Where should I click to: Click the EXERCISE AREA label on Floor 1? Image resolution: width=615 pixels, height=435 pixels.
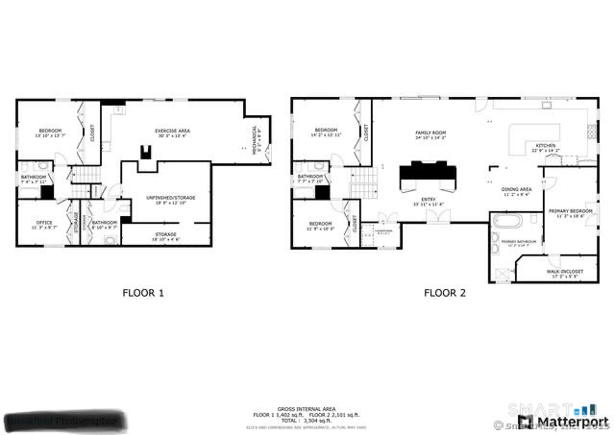[x=172, y=132]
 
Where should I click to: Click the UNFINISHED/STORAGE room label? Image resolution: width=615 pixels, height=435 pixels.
[x=170, y=198]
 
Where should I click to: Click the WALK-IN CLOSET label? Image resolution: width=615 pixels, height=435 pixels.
[x=565, y=273]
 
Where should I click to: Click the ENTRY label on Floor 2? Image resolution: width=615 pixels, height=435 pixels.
[x=427, y=201]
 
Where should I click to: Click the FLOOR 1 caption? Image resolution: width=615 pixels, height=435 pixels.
[x=143, y=293]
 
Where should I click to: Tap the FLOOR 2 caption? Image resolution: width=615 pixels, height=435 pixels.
[x=444, y=293]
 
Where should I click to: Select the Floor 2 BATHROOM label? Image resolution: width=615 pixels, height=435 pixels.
[x=309, y=178]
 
